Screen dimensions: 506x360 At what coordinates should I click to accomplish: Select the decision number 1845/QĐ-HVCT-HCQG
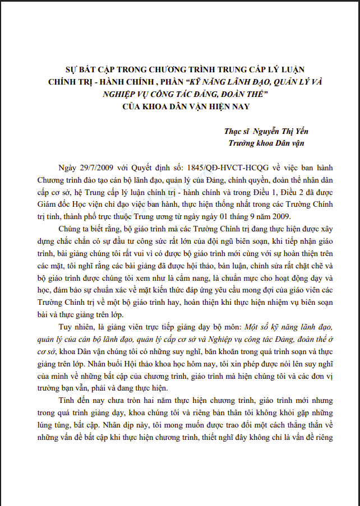tap(211, 168)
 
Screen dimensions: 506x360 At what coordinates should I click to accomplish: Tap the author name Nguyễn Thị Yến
tap(281, 131)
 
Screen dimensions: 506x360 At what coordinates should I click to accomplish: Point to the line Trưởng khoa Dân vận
tap(269, 143)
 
